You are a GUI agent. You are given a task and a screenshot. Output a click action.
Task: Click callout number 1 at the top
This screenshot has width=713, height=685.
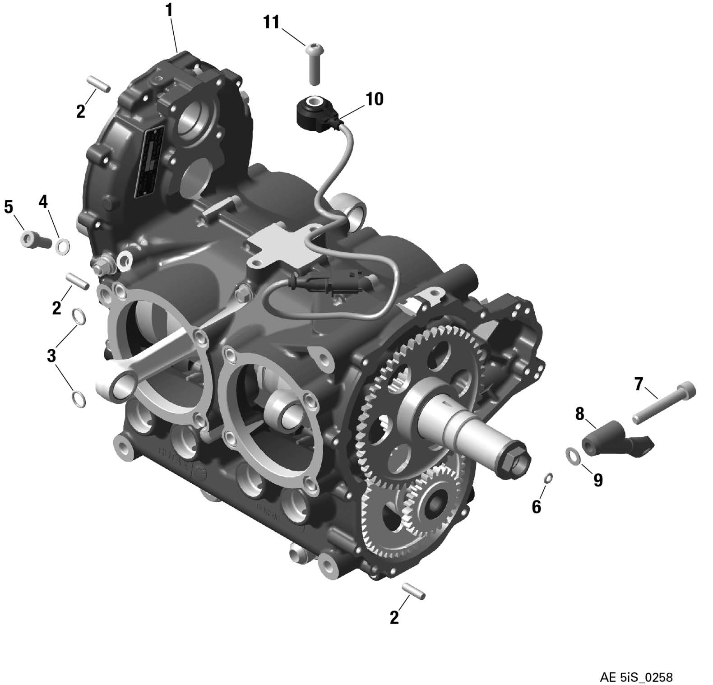click(170, 10)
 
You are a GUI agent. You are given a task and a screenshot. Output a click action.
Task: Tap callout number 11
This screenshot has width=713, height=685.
click(272, 22)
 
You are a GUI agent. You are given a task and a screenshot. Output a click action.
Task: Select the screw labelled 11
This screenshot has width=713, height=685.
click(314, 63)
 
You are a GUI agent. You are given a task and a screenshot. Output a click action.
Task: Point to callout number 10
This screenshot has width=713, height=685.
click(375, 99)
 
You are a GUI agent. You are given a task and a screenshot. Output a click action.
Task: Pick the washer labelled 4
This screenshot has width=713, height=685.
click(62, 246)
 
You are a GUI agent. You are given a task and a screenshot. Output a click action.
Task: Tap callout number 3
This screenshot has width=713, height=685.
click(51, 356)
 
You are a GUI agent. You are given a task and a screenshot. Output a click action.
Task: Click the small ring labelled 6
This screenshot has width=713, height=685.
click(548, 477)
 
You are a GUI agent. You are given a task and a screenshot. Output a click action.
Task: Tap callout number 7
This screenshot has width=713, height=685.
click(639, 384)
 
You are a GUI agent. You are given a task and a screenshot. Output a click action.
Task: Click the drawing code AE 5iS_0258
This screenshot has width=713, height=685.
click(636, 664)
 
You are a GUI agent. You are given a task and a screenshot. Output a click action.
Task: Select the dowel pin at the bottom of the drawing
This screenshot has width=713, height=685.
click(414, 592)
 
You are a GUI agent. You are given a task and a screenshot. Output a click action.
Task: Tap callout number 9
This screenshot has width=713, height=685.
click(598, 480)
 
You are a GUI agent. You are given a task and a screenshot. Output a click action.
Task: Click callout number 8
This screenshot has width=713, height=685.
click(579, 413)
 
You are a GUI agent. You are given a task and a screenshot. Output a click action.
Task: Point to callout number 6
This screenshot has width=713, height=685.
click(536, 507)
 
